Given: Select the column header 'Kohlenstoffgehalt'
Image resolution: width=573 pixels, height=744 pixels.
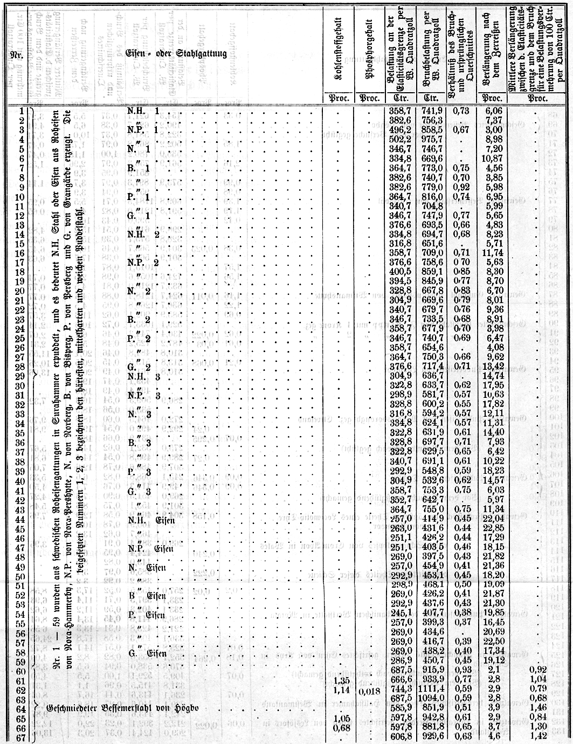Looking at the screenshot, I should click(336, 54).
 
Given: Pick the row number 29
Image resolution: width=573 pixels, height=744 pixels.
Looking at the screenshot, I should click(20, 375).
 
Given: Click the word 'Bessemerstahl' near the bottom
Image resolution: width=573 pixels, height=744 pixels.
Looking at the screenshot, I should click(128, 706).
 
